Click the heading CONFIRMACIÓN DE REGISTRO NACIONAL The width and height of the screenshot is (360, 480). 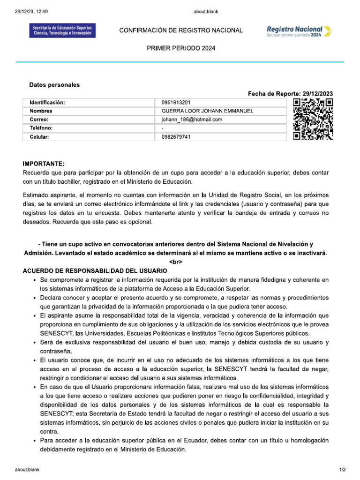[x=181, y=30]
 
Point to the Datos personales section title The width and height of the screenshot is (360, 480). [x=54, y=85]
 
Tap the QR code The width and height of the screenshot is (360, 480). [x=313, y=120]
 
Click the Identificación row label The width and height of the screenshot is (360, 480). [x=47, y=103]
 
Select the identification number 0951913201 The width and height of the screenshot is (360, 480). [x=176, y=103]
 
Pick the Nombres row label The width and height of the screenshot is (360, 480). [x=41, y=111]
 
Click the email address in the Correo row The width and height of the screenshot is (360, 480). [x=191, y=120]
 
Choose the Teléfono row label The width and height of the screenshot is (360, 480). [x=41, y=128]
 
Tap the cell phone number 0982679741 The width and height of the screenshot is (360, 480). [x=176, y=137]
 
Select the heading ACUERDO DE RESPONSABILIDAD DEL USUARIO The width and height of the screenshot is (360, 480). [x=95, y=271]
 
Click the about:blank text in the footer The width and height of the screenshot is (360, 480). [x=27, y=469]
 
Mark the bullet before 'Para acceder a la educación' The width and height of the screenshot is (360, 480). [x=35, y=441]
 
